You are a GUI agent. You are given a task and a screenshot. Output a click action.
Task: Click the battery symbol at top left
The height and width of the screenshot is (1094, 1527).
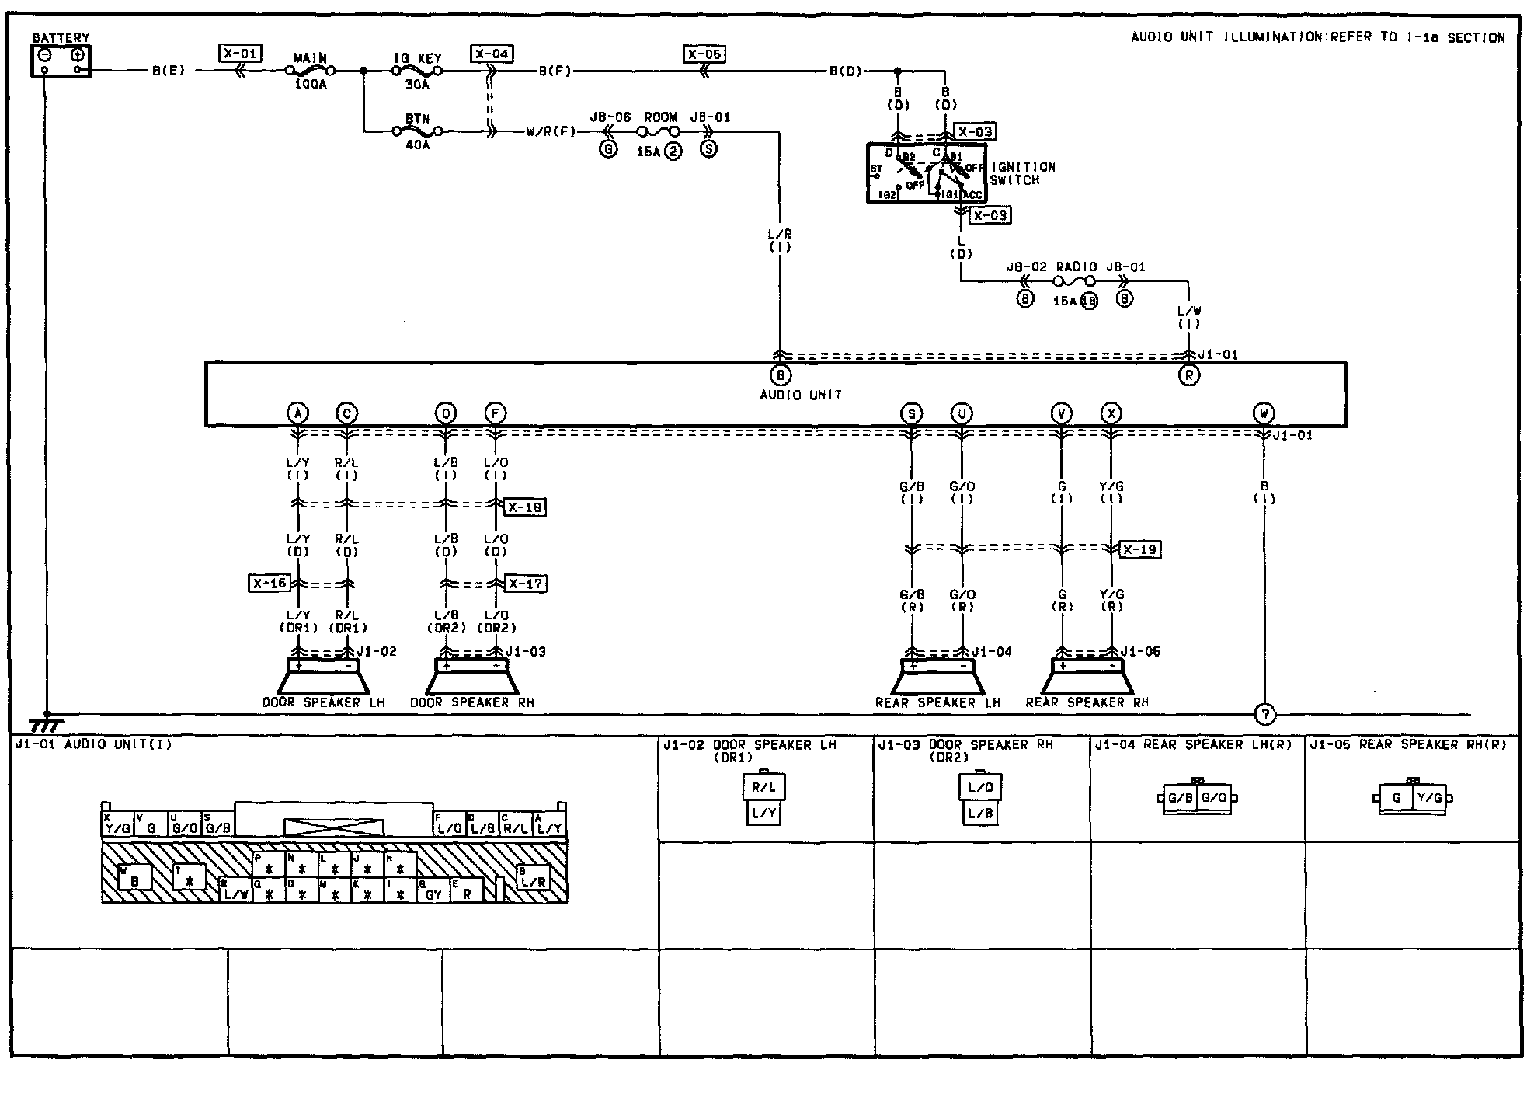coord(61,61)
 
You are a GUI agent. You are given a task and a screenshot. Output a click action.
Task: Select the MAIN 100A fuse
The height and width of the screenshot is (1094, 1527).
coord(311,71)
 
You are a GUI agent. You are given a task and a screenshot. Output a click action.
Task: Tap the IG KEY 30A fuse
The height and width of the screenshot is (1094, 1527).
coord(417,71)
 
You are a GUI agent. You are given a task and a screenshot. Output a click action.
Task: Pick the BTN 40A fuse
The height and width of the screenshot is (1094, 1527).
coord(417,132)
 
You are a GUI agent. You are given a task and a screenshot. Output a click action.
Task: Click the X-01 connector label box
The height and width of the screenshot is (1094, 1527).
coord(240,53)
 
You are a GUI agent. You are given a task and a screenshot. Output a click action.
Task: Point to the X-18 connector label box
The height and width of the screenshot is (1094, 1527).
coord(525,507)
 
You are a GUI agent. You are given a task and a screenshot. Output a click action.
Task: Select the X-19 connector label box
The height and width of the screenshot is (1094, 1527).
coord(1140,549)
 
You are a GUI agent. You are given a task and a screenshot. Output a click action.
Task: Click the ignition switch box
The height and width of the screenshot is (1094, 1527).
coord(927,174)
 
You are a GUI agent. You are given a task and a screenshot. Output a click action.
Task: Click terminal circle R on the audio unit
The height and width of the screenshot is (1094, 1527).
coord(1188,375)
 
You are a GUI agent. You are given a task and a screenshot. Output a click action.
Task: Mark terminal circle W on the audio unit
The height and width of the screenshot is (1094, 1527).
coord(1264,413)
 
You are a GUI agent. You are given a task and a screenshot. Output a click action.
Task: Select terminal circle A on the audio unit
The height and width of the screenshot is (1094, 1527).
coord(297,413)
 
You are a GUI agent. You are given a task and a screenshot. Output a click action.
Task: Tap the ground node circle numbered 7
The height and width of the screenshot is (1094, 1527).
coord(1264,713)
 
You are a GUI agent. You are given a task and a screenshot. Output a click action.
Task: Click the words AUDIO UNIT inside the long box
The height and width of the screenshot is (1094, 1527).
coord(800,395)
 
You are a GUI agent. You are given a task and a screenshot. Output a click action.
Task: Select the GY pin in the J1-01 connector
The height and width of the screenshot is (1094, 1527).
coord(433,894)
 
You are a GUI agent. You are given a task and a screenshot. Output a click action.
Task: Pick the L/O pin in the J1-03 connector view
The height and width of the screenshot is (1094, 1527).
coord(980,787)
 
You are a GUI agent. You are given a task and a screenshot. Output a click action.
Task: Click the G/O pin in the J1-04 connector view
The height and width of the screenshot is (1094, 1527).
coord(1213,798)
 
